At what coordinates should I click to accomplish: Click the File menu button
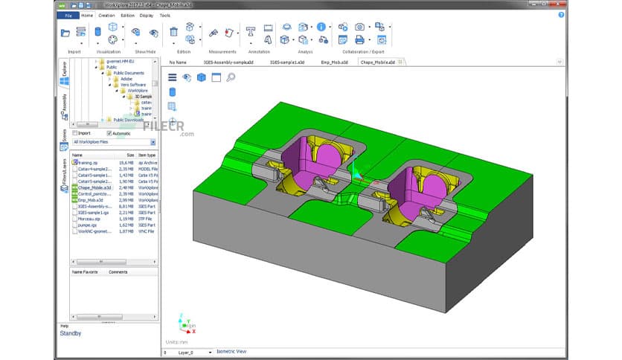[x=68, y=15]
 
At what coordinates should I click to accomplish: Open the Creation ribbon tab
[x=106, y=15]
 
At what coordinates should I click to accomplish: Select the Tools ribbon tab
[x=164, y=15]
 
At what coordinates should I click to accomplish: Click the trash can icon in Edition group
[x=173, y=32]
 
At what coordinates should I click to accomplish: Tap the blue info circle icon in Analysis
[x=321, y=27]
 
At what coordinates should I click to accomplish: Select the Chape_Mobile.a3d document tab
[x=377, y=62]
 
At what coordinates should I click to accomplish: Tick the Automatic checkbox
[x=109, y=133]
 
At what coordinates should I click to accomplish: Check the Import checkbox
[x=74, y=133]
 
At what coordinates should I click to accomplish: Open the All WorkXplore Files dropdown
[x=113, y=141]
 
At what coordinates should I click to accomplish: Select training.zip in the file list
[x=89, y=161]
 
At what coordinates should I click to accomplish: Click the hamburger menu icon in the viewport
[x=172, y=77]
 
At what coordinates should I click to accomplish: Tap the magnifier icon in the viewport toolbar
[x=231, y=77]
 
